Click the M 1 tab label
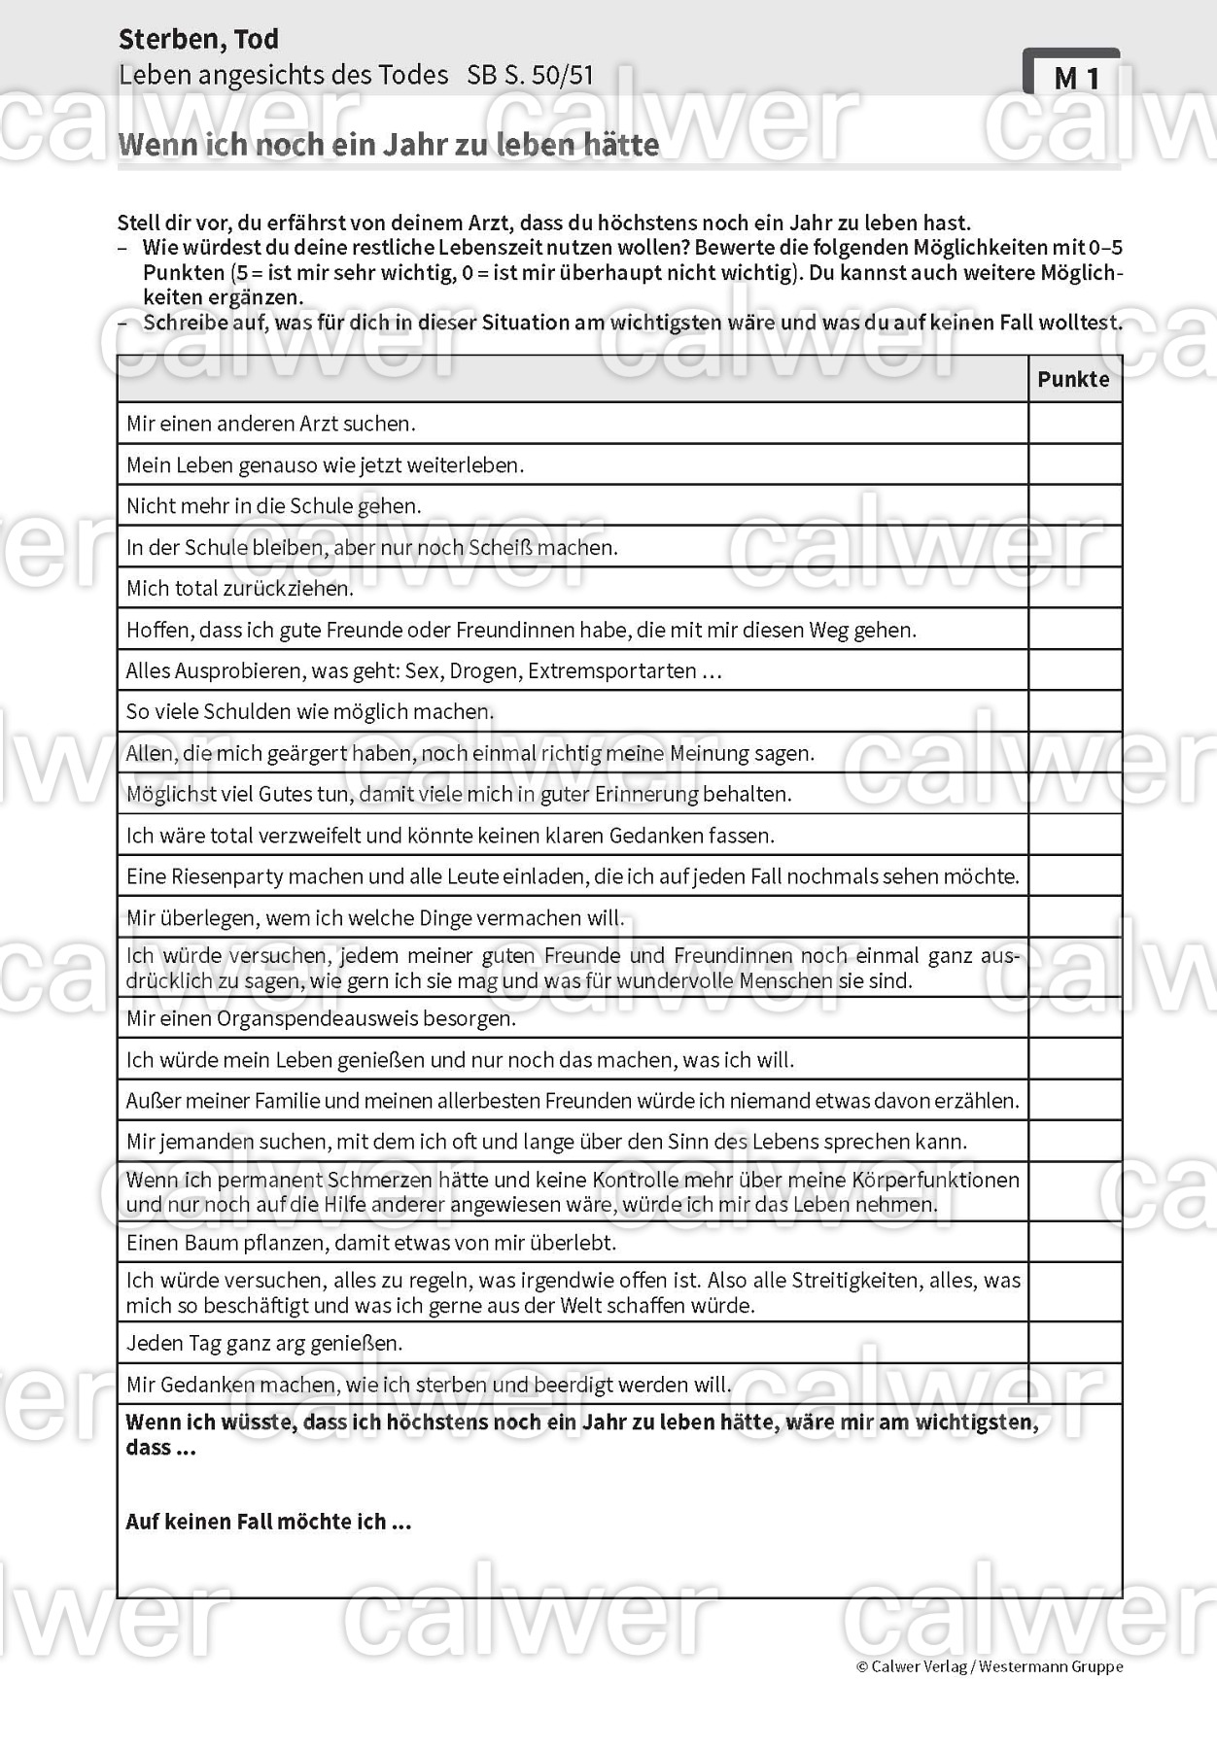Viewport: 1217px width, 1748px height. pos(1075,78)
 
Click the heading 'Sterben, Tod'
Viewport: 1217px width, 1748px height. pos(198,40)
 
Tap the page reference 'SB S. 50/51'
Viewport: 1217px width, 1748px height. pos(530,76)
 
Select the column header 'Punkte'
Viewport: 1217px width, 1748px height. pos(1073,379)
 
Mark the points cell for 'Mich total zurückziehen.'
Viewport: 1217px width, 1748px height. pos(1074,588)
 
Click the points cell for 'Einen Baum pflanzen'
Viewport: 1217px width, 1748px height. pos(1074,1242)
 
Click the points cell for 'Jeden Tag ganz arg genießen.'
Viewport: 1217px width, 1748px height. pos(1074,1343)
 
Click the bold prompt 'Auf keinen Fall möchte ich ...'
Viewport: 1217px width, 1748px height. pos(268,1522)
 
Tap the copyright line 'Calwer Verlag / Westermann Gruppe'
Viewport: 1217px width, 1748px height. pos(990,1666)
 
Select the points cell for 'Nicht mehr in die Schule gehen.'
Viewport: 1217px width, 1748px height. pos(1074,505)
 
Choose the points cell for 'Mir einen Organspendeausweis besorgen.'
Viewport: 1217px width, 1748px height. pos(1074,1018)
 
